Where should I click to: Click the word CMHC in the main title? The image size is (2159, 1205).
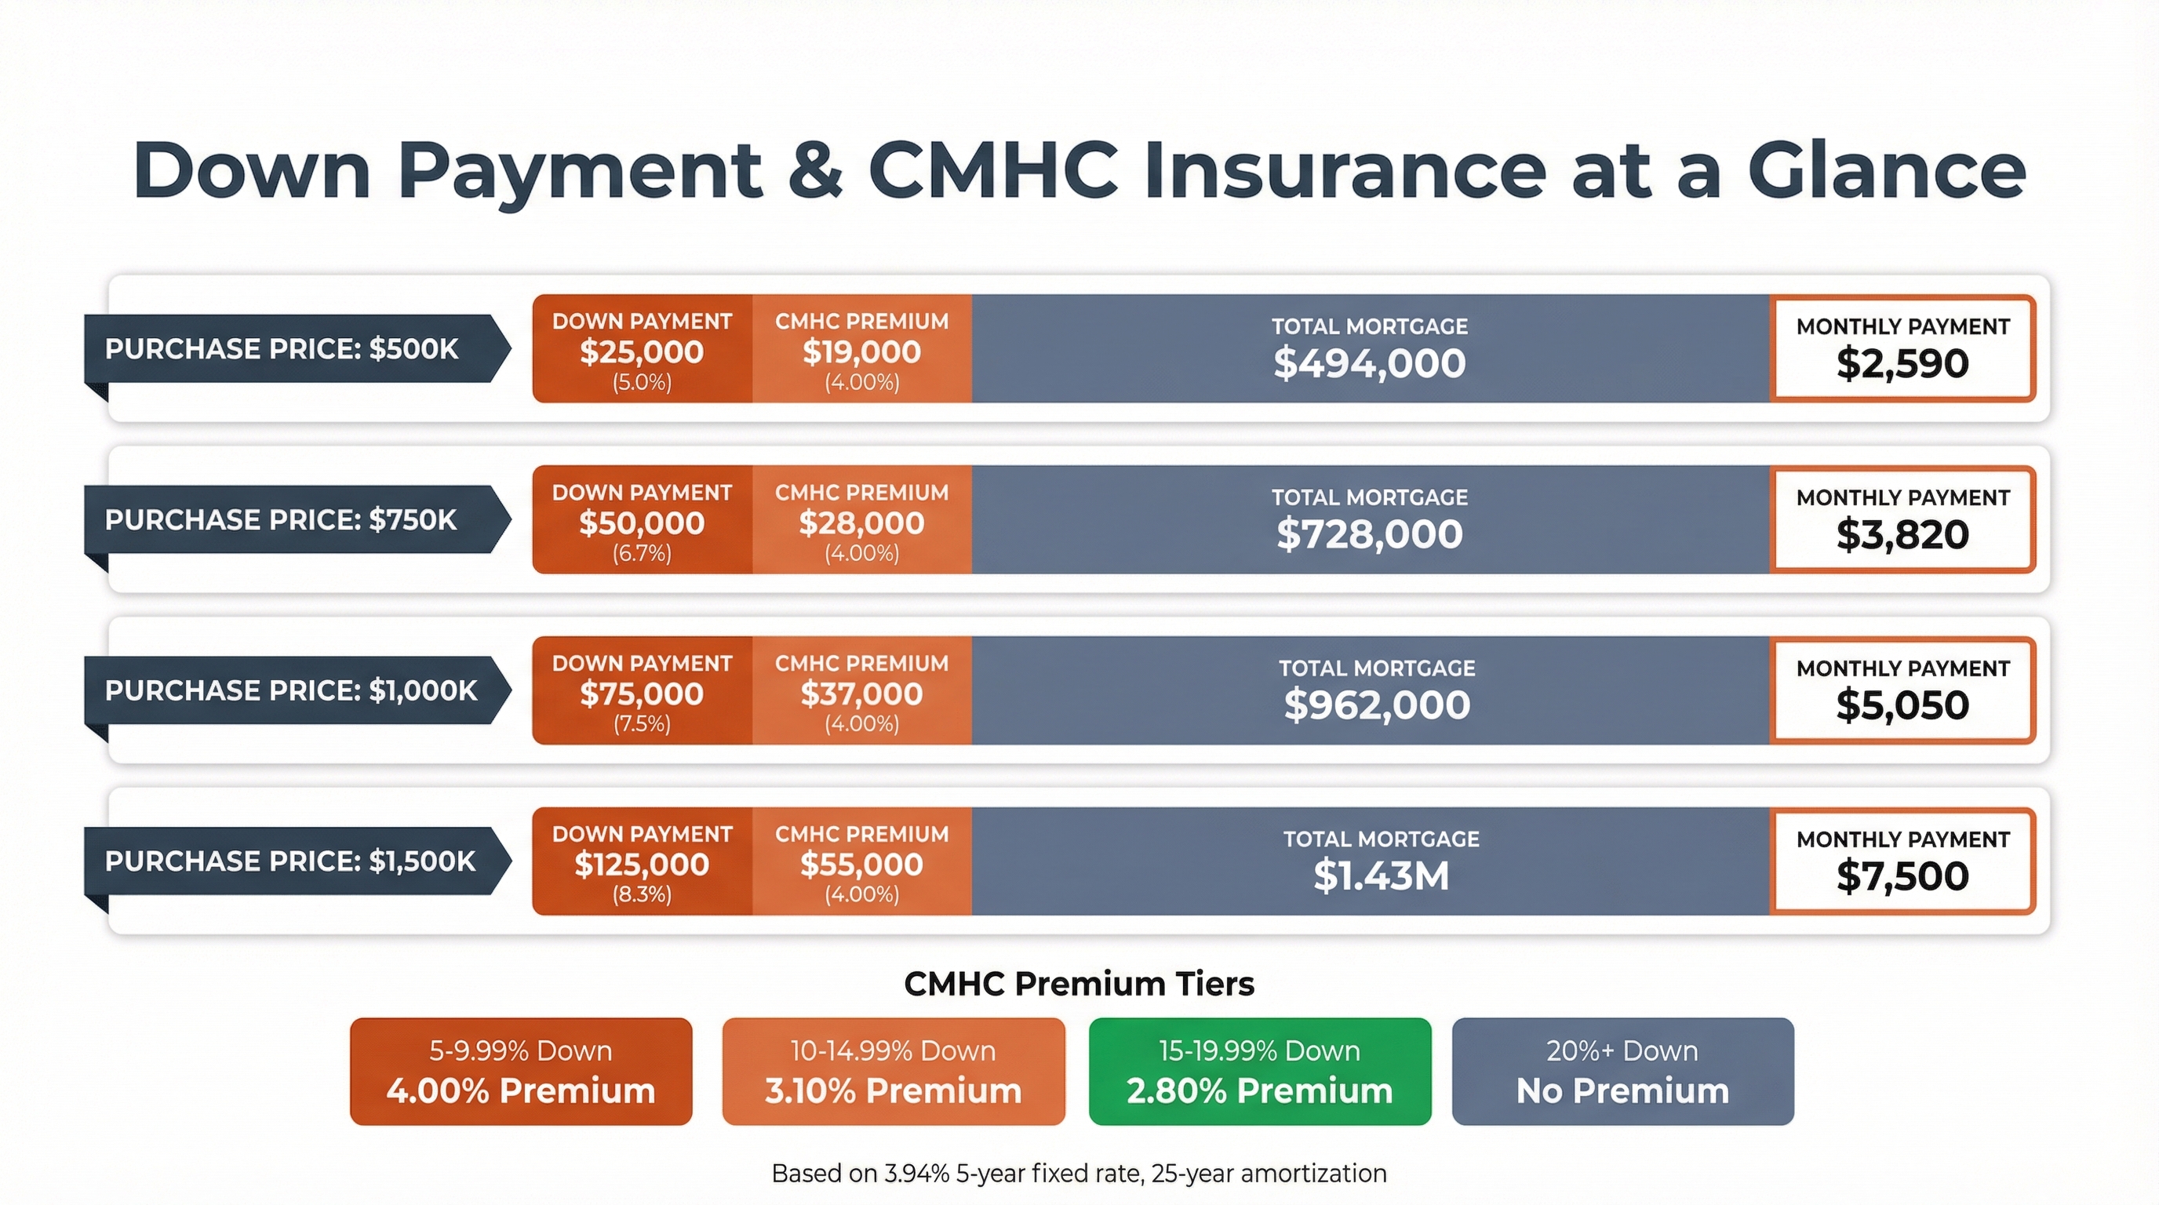[x=992, y=171]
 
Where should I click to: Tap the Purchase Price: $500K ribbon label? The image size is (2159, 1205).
[x=297, y=348]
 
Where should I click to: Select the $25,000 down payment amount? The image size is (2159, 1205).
[x=642, y=352]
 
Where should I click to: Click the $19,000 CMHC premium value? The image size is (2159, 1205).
[x=861, y=352]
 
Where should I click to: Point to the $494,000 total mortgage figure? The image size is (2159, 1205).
[x=1370, y=363]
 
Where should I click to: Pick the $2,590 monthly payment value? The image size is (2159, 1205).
[x=1902, y=364]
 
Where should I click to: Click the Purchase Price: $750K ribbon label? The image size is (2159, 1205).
[x=297, y=519]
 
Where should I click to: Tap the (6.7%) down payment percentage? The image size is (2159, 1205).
[x=642, y=553]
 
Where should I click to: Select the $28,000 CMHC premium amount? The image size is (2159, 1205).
[x=861, y=523]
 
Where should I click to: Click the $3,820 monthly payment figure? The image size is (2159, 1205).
[x=1902, y=534]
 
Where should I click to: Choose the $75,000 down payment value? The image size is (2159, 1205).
[x=642, y=694]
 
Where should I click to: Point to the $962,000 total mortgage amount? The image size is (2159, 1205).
[x=1377, y=704]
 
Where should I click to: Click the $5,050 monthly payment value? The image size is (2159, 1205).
[x=1902, y=705]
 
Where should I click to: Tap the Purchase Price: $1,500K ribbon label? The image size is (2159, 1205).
[x=297, y=861]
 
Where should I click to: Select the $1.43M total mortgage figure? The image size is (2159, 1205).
[x=1382, y=876]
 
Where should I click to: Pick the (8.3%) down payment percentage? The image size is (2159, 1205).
[x=642, y=894]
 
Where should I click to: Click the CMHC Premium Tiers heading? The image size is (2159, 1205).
[x=1079, y=984]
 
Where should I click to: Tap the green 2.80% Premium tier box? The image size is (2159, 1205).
[x=1260, y=1071]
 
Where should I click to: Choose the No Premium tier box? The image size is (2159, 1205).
[x=1622, y=1071]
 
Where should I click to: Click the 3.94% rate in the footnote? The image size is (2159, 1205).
[x=917, y=1173]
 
